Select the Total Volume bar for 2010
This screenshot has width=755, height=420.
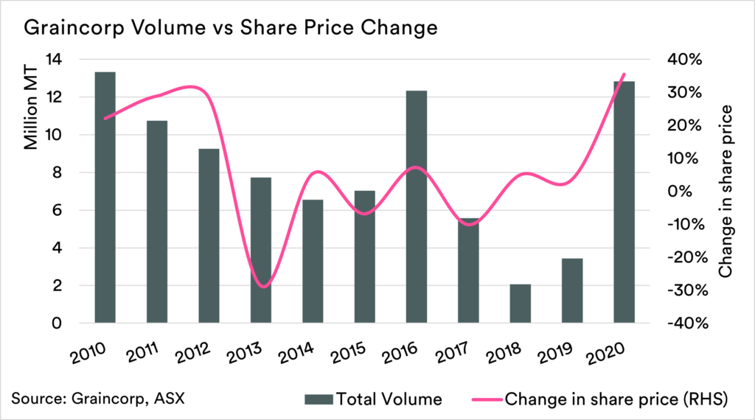point(105,197)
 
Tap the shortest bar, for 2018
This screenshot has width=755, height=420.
point(521,304)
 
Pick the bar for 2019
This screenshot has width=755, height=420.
point(572,290)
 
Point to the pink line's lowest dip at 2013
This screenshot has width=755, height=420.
point(264,286)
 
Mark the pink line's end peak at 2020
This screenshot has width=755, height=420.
point(624,74)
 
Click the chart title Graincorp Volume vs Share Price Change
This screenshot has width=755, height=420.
point(231,28)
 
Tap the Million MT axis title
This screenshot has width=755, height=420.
point(32,111)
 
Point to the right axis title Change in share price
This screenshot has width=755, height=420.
point(726,191)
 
